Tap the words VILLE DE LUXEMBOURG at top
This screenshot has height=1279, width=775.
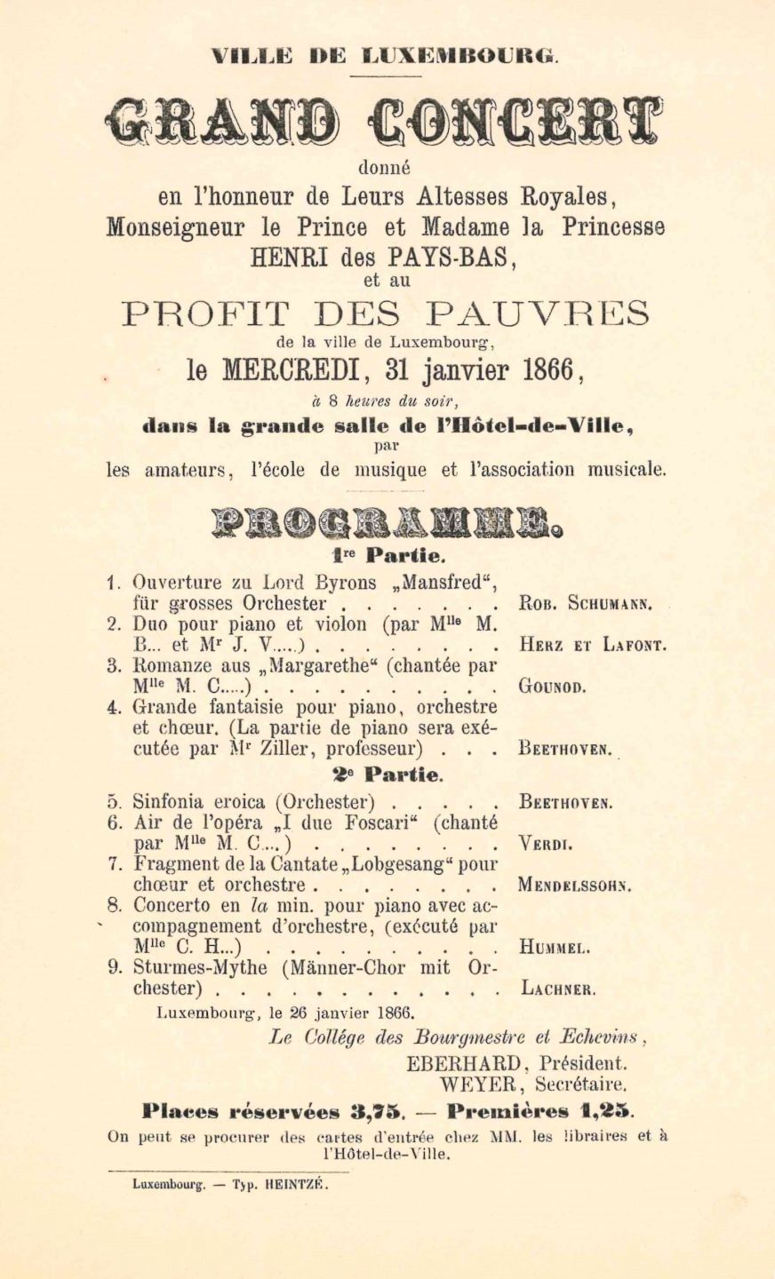(386, 57)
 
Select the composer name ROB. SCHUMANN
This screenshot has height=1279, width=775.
(587, 605)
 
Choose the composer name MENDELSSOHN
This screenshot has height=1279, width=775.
(574, 886)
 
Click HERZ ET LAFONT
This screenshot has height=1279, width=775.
(592, 646)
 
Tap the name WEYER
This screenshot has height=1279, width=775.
(472, 1084)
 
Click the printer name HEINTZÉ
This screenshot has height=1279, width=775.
(295, 1185)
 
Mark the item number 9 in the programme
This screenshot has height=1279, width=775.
(114, 968)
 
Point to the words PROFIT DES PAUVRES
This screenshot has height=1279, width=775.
(386, 314)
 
